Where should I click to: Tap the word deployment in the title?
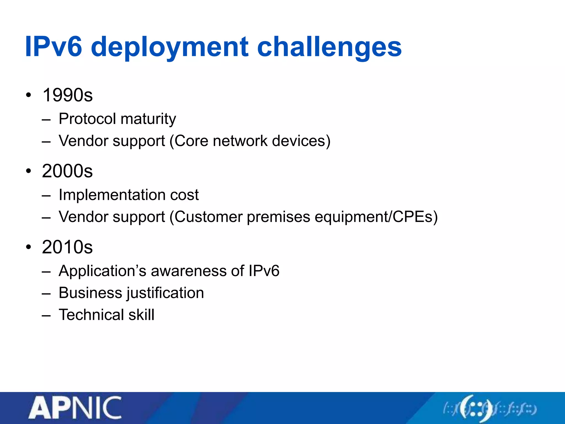(169, 47)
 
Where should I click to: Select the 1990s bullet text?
(68, 95)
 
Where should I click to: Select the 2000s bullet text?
(67, 171)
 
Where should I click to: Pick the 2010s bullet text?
(67, 247)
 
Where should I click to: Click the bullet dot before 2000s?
(29, 171)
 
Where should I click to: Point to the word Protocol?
(87, 119)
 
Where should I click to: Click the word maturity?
(148, 120)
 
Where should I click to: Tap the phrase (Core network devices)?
(250, 141)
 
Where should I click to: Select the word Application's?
(102, 271)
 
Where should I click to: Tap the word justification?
(165, 293)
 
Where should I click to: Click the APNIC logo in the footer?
(75, 408)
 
